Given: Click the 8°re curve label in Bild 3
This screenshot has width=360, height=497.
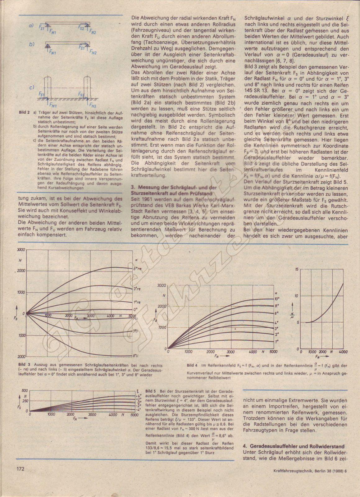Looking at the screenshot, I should click(x=137, y=268).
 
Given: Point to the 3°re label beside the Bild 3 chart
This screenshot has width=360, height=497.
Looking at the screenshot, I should click(x=137, y=289).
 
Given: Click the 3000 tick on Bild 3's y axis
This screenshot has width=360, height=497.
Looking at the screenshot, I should click(x=21, y=250).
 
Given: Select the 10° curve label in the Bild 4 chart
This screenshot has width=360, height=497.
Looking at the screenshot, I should click(x=277, y=299).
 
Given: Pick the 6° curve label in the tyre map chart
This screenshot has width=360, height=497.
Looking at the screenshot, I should click(x=276, y=313).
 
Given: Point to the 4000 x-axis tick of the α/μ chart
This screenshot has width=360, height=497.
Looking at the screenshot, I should click(x=343, y=352).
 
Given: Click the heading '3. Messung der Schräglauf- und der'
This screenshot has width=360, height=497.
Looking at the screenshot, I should click(x=173, y=188).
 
